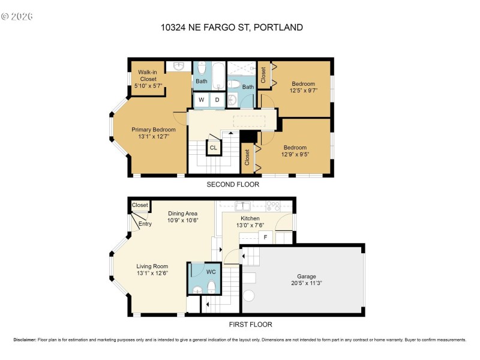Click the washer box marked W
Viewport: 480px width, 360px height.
pos(201,100)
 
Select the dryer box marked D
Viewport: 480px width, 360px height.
pos(217,100)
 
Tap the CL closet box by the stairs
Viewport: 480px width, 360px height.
pos(214,146)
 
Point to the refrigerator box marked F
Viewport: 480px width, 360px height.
pos(265,238)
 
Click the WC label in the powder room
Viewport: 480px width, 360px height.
pos(211,272)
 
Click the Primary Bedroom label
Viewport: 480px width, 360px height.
pos(154,130)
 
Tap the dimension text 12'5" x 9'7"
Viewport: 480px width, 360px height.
pos(304,91)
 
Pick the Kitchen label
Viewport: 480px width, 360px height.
pos(250,218)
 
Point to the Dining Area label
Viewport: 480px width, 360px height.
pos(182,213)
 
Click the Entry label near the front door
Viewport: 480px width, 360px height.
pos(145,224)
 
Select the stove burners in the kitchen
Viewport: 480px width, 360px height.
pos(274,206)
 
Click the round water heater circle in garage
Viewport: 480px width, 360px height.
pos(249,297)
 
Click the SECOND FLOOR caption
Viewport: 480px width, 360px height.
pos(233,185)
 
